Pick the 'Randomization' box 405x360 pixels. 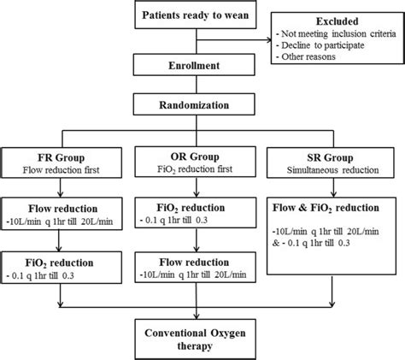(x=202, y=105)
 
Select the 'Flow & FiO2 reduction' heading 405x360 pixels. (x=337, y=207)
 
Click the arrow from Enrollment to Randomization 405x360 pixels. (x=202, y=86)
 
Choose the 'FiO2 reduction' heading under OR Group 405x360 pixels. (x=201, y=207)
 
